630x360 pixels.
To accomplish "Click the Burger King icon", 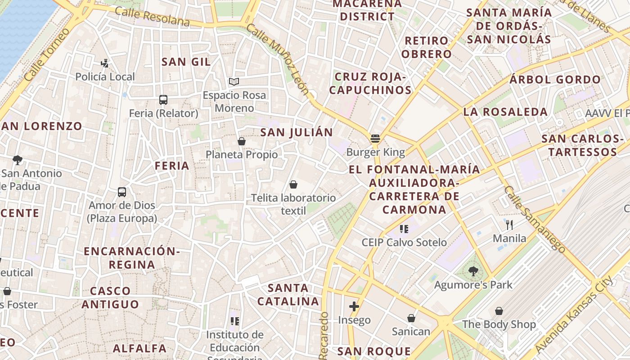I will (x=375, y=138).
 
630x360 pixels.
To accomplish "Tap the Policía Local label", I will (x=105, y=76).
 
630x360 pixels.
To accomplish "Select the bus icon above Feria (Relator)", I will (x=163, y=100).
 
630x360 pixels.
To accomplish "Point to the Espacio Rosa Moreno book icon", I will (x=234, y=81).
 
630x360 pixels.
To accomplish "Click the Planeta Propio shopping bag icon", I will (x=242, y=141).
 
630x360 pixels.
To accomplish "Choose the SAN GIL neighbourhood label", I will (x=186, y=62).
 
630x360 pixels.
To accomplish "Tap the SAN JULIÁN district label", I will (x=297, y=132).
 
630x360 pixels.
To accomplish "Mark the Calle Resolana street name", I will (x=152, y=17).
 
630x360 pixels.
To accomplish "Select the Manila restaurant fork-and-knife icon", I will (x=509, y=225).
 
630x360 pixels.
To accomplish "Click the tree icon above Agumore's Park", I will (x=473, y=271).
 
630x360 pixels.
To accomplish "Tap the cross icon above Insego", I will (x=354, y=306).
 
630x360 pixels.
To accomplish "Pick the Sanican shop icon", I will (x=411, y=318).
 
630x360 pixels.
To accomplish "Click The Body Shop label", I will (x=499, y=324).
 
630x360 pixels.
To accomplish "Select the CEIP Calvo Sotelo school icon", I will (x=404, y=229).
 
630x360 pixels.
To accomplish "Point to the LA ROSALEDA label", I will (x=505, y=112).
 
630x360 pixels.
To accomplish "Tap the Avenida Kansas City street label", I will (x=573, y=315).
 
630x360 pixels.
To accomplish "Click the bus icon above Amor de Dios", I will (x=122, y=192).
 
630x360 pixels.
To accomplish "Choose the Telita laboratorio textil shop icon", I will (x=293, y=184).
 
